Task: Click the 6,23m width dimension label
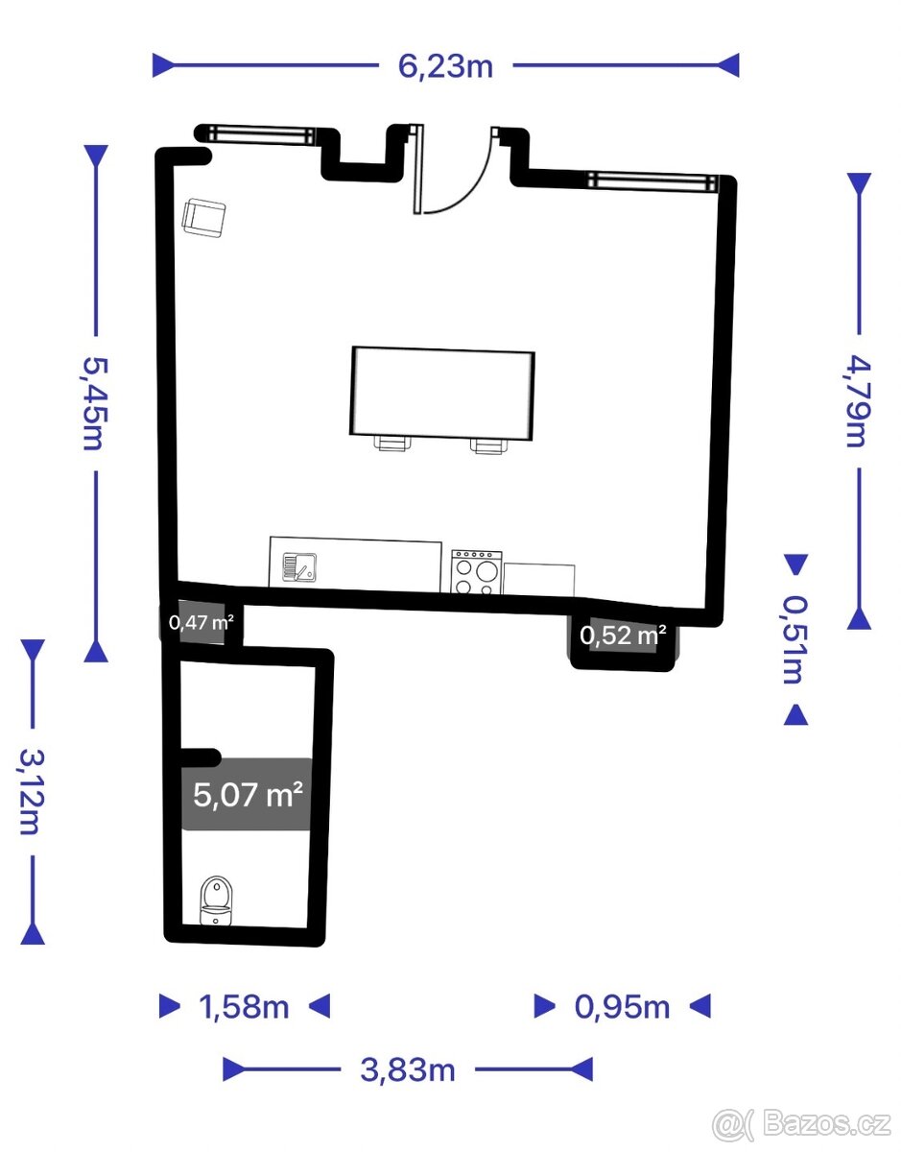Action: [x=445, y=67]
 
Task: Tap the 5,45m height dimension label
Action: [x=96, y=403]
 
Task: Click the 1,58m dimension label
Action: [x=244, y=1007]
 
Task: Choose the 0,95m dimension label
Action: [x=622, y=1007]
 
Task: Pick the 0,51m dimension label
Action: [x=795, y=639]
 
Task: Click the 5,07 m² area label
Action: [x=248, y=794]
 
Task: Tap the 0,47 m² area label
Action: [x=202, y=622]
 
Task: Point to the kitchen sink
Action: [x=299, y=565]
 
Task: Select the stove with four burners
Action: [x=476, y=571]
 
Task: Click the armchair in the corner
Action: [x=203, y=218]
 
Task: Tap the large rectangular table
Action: [x=441, y=394]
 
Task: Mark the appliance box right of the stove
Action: [x=538, y=580]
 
